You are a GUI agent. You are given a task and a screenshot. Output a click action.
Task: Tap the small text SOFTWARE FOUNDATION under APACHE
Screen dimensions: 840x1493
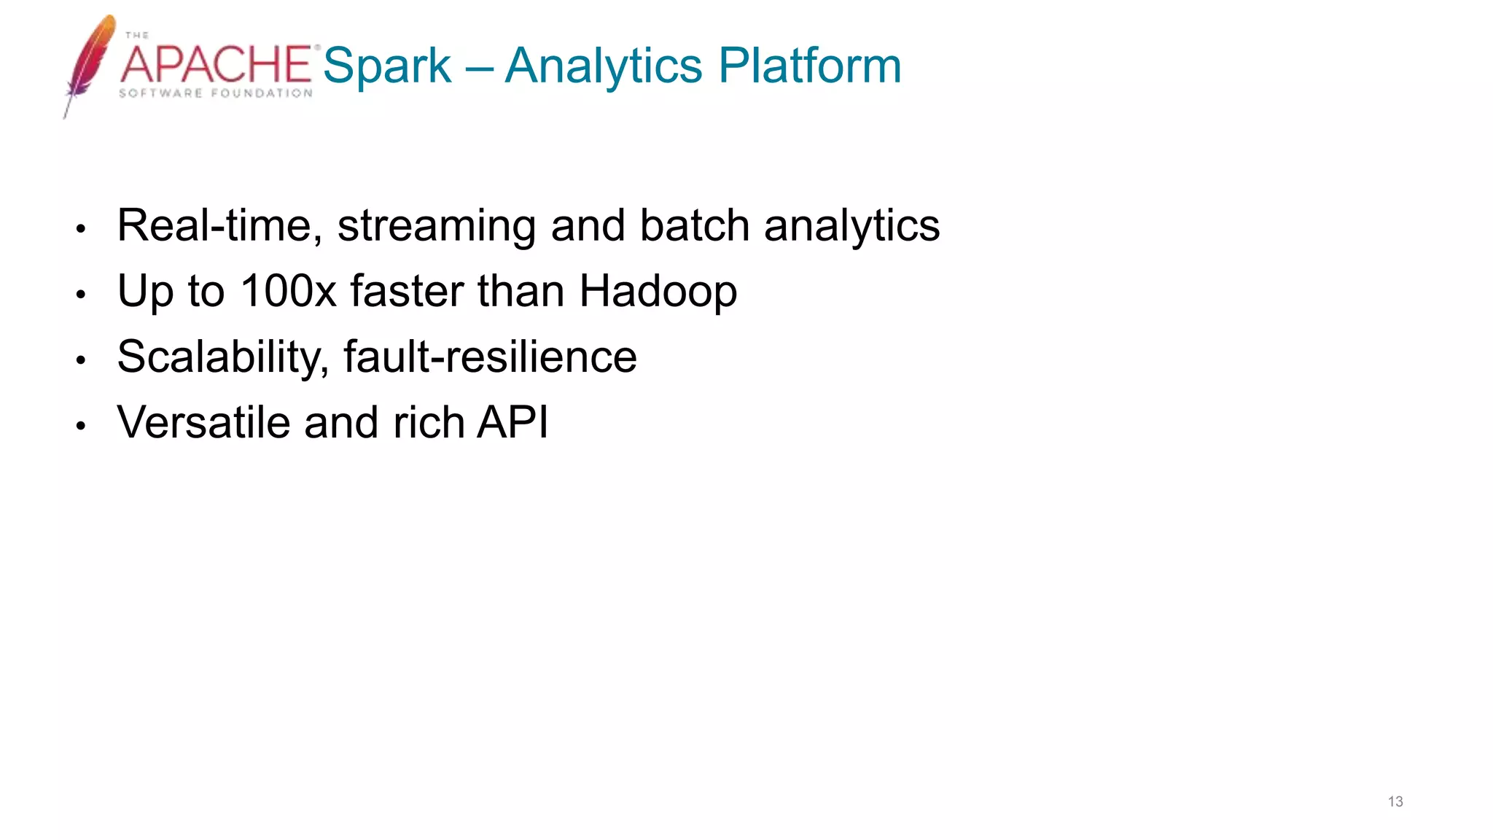(216, 93)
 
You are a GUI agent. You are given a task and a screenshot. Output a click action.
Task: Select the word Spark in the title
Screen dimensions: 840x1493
(386, 66)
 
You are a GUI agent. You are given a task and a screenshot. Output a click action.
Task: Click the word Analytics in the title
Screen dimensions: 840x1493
(603, 66)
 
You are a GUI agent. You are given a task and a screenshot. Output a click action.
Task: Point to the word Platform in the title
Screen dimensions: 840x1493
(810, 66)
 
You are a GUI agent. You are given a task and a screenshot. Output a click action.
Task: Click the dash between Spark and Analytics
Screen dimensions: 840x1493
(478, 67)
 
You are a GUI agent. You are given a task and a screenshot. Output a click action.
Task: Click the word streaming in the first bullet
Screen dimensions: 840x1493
(437, 227)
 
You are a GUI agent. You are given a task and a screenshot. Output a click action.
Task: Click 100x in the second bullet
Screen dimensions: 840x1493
(288, 291)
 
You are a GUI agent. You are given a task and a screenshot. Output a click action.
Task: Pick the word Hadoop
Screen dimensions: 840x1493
(658, 292)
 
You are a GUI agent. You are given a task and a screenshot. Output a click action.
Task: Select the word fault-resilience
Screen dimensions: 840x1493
(490, 357)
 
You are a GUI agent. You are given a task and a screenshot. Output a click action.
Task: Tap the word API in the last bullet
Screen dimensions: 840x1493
(512, 422)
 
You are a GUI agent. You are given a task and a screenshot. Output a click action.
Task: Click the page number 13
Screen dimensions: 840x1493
(1395, 801)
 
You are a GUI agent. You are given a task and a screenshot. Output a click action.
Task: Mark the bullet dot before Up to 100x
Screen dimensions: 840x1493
(81, 295)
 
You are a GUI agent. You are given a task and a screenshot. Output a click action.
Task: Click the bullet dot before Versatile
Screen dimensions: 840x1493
(81, 426)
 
